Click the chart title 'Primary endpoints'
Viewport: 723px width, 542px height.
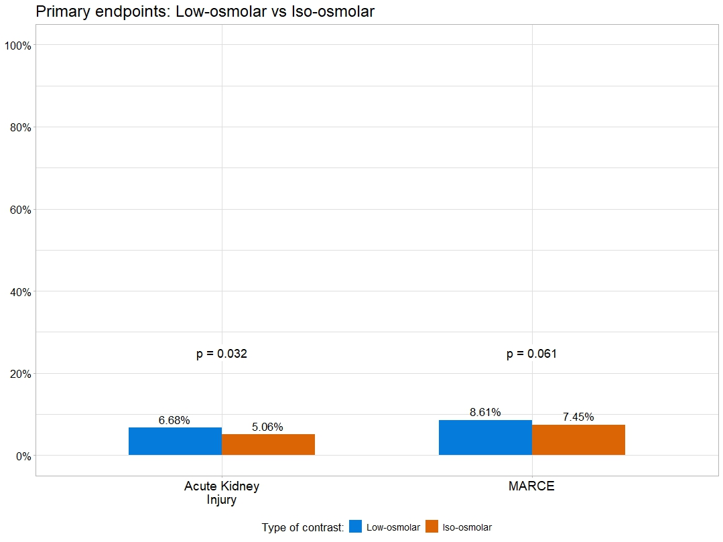(x=205, y=11)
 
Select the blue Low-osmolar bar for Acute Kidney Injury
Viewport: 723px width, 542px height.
(x=175, y=442)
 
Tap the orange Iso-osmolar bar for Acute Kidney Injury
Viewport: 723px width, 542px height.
(x=268, y=445)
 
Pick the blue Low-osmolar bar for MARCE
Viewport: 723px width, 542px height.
(x=485, y=437)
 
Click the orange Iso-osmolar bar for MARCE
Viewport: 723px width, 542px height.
(x=578, y=440)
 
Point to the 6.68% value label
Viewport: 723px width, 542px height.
(x=174, y=421)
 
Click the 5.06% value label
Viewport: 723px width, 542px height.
(x=267, y=427)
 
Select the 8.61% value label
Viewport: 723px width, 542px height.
(x=485, y=413)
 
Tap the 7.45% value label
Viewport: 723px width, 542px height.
(x=578, y=417)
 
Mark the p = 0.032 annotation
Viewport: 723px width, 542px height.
(x=222, y=354)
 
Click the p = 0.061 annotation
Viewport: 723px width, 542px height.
(x=531, y=354)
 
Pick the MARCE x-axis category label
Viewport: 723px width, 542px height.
(x=531, y=487)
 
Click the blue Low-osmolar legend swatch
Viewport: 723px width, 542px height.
(x=356, y=527)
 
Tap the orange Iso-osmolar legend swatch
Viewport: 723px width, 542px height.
(x=432, y=527)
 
